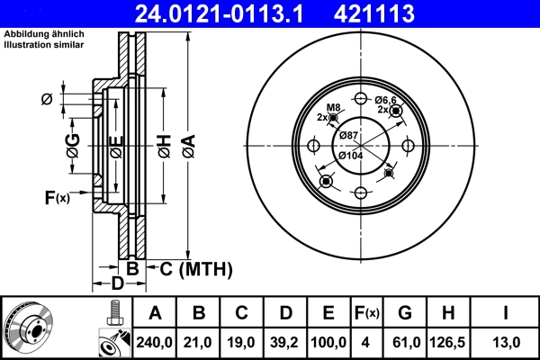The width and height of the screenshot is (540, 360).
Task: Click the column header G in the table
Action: click(404, 313)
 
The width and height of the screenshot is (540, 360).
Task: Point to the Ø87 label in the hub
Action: click(348, 135)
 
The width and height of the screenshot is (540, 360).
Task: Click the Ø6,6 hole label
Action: click(386, 100)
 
